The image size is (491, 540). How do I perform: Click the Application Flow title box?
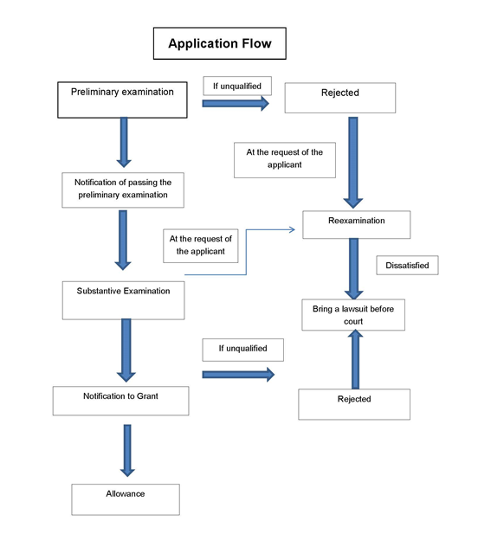219,43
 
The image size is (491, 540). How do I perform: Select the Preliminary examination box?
122,100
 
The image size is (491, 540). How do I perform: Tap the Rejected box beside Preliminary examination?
340,98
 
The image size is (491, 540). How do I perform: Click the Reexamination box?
357,224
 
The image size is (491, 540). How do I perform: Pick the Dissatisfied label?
407,265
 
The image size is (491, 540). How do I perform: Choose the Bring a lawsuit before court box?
353,315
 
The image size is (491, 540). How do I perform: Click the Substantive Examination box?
123,300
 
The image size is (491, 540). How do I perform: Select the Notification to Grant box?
121,401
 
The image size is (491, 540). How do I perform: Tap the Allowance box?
126,499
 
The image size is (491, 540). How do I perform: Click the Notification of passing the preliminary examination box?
123,190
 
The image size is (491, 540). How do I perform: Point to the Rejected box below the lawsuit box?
354,404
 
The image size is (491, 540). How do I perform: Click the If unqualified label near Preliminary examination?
237,86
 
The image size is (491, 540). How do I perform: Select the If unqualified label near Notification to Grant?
243,350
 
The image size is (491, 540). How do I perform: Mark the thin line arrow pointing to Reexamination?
246,252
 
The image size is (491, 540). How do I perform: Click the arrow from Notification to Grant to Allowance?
127,451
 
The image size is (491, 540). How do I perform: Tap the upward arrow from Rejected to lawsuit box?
355,359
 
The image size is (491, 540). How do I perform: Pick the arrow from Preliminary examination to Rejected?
236,103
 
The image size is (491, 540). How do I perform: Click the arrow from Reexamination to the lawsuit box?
354,268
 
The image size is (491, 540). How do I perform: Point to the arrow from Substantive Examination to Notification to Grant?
126,350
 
